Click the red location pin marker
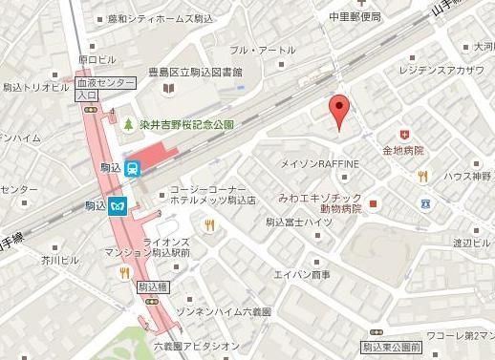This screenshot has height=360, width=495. pos(336,111)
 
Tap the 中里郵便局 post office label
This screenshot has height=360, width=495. pos(355,16)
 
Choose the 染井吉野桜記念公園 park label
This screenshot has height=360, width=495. pos(184,124)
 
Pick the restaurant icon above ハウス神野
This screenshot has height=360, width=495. pos(422,176)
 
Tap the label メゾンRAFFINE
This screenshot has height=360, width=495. pos(319,164)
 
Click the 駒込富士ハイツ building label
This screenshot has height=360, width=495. pos(298,222)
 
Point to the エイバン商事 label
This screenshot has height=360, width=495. pos(301,275)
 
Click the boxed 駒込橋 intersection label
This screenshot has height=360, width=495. pos(152,286)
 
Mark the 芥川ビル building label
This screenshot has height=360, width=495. pos(59,259)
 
